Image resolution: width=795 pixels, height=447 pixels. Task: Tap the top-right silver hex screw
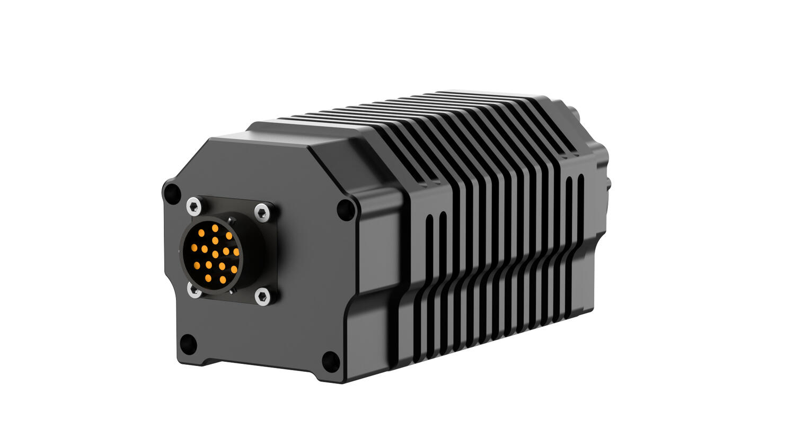[262, 212]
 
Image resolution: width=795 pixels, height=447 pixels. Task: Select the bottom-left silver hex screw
[195, 290]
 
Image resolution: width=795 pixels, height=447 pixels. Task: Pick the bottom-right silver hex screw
[262, 297]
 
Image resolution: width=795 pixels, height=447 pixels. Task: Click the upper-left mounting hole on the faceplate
[171, 192]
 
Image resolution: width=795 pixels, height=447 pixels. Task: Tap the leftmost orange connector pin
[194, 247]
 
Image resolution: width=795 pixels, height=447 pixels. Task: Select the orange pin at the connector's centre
[215, 254]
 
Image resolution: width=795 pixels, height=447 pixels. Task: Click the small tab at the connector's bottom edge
[231, 291]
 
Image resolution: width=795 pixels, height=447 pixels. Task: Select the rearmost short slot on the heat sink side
[580, 196]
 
